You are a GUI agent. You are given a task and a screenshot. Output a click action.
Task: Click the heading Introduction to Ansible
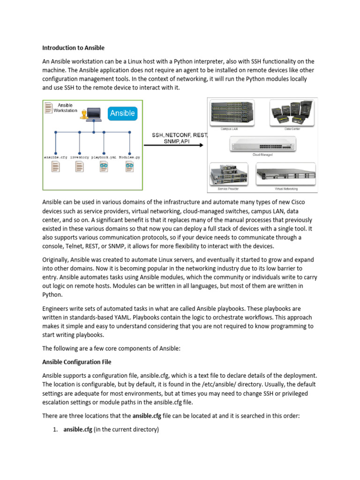pyautogui.click(x=73, y=48)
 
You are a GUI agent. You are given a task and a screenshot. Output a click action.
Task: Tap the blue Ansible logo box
pyautogui.click(x=122, y=113)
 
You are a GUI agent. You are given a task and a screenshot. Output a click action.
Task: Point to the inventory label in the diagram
pyautogui.click(x=80, y=157)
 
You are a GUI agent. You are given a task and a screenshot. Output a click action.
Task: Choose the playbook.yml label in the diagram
pyautogui.click(x=104, y=157)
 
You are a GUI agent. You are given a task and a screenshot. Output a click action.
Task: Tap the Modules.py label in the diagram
pyautogui.click(x=129, y=157)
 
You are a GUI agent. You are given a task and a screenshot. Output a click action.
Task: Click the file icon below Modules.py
pyautogui.click(x=129, y=166)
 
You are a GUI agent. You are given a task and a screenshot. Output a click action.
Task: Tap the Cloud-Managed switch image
pyautogui.click(x=262, y=144)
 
